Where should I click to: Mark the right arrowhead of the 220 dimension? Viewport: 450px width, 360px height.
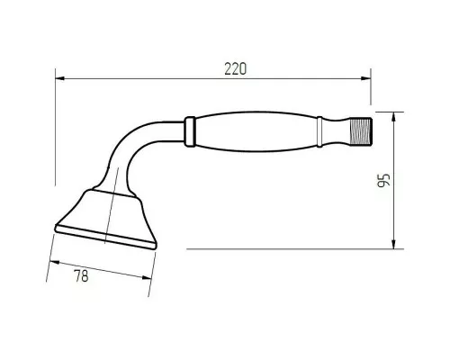pos(368,79)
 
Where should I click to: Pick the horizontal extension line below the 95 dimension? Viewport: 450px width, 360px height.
pos(288,247)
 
